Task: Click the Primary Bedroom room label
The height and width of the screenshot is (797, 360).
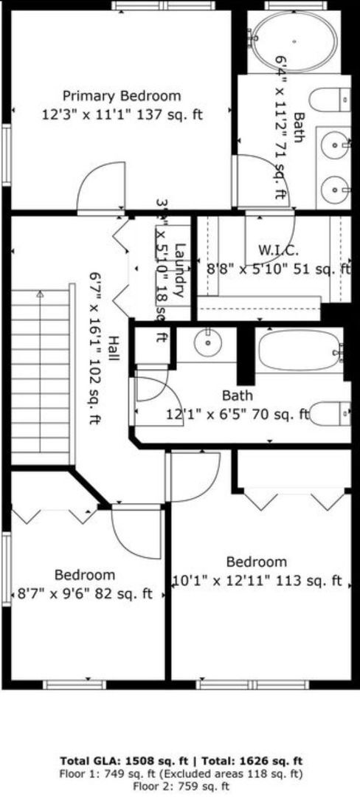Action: point(121,96)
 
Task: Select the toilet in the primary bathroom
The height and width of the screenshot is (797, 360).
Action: point(329,99)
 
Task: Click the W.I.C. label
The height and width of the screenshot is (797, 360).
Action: point(277,249)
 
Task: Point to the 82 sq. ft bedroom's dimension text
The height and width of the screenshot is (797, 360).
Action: point(85,593)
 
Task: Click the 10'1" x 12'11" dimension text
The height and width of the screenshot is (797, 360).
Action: point(256,580)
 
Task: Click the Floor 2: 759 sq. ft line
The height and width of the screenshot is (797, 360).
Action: point(181,786)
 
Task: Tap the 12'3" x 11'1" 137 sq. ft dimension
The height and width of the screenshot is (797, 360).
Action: point(122,114)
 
